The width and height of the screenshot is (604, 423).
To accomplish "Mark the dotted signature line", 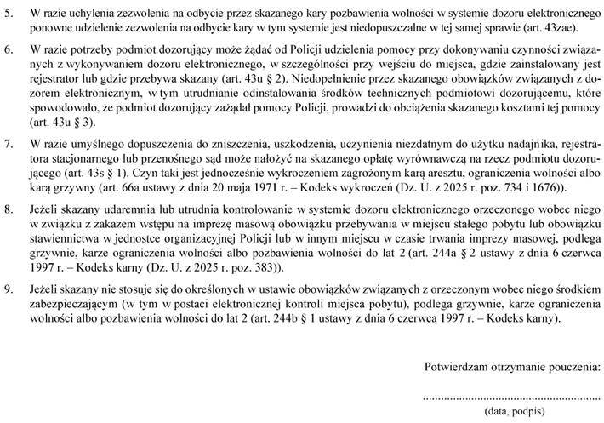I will coord(512,397).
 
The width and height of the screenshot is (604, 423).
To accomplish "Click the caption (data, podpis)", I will coord(514,411).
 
